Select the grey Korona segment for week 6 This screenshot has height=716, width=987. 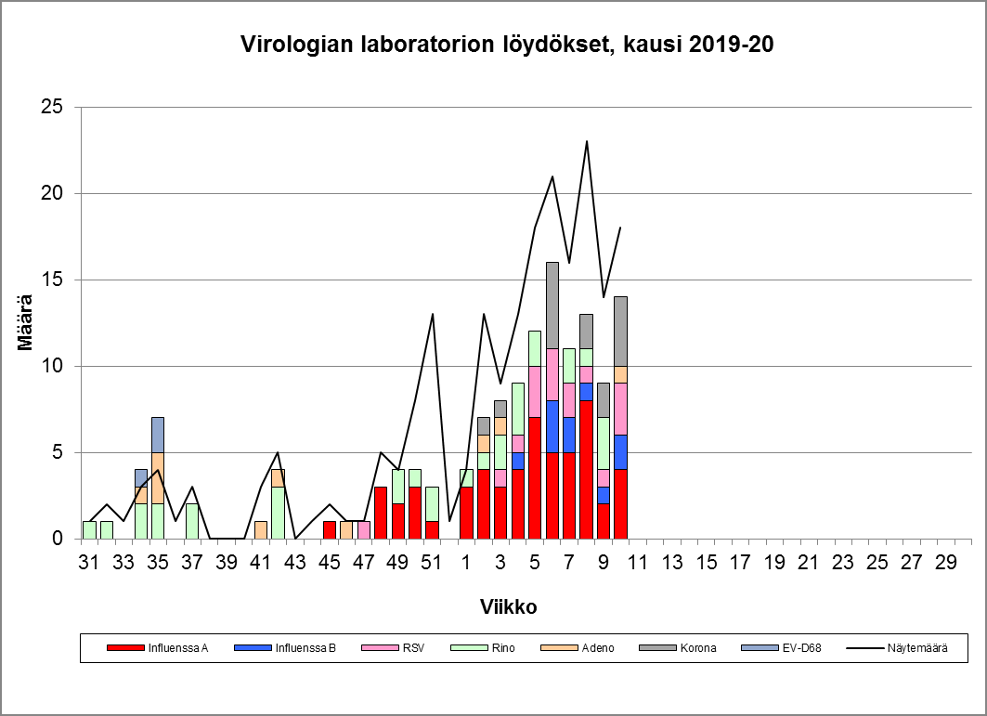click(x=552, y=305)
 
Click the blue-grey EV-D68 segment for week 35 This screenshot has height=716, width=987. click(x=158, y=435)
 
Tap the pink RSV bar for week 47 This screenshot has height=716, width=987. click(x=364, y=529)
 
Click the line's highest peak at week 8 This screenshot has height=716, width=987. click(x=587, y=141)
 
